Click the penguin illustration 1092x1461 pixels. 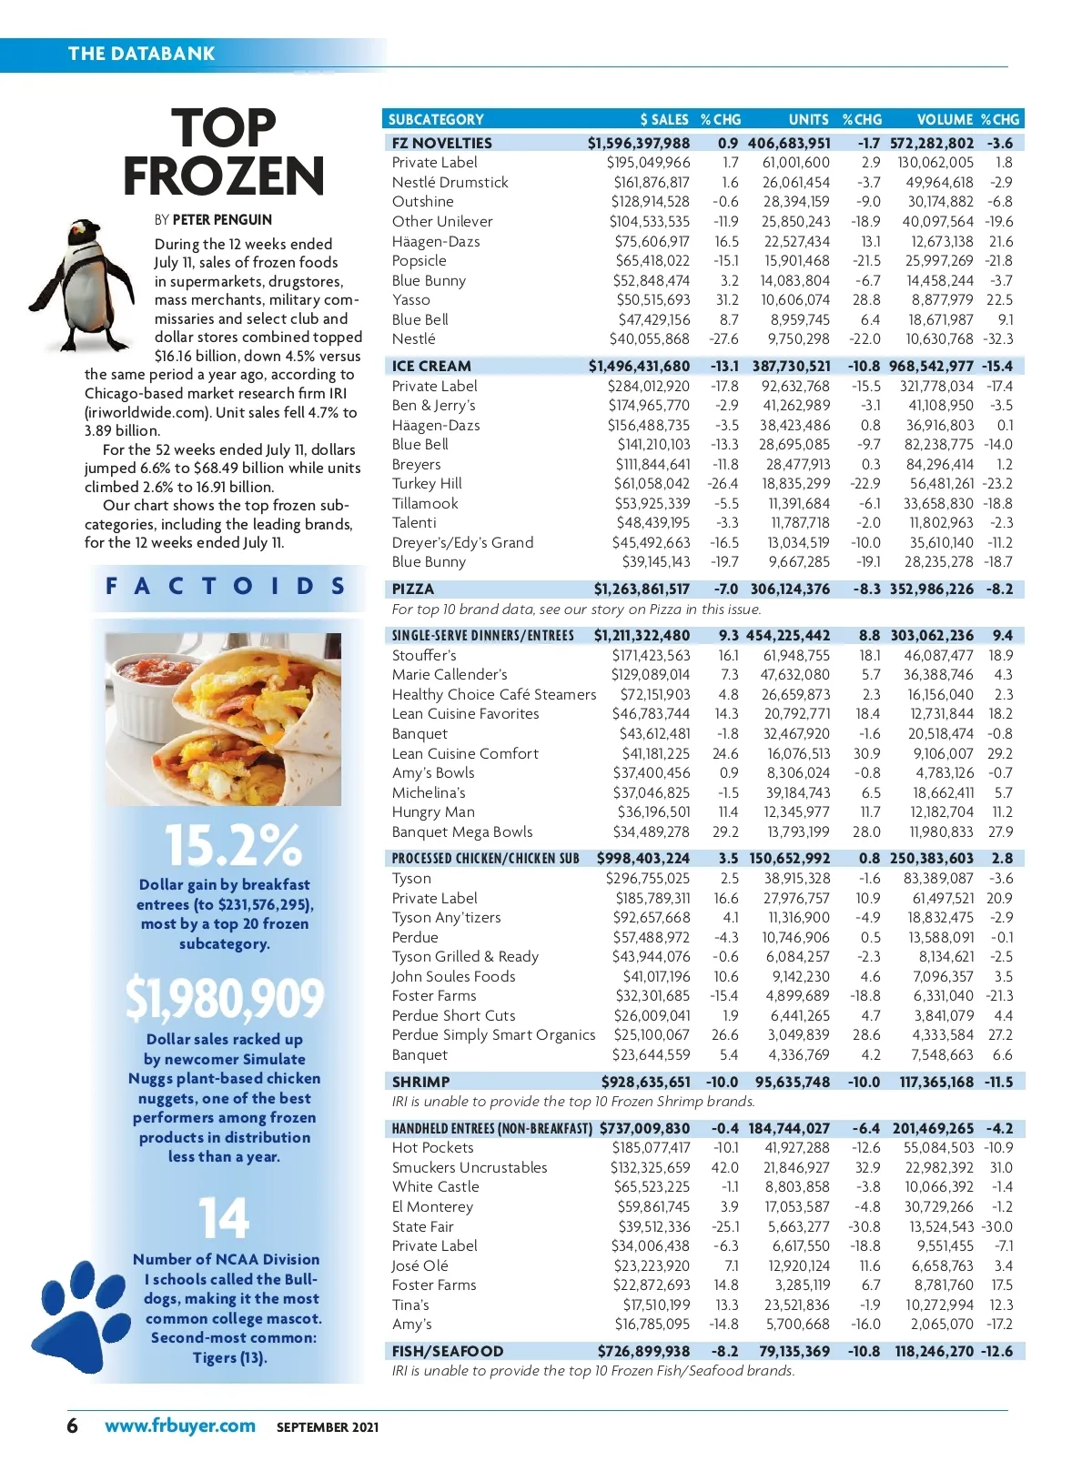[x=86, y=286]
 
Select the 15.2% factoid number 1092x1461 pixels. [x=232, y=845]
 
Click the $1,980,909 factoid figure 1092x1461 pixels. [x=224, y=998]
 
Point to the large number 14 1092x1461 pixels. [x=224, y=1218]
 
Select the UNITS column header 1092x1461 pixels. [x=808, y=119]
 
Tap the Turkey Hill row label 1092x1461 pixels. [x=427, y=484]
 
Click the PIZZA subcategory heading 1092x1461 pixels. [x=413, y=589]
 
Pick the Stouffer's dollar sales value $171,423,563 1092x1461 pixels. [x=651, y=655]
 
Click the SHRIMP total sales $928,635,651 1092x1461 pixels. [x=645, y=1082]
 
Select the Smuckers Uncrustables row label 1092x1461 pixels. [x=470, y=1167]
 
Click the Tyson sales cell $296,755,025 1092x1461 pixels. [x=648, y=878]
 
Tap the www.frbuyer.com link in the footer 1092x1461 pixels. [x=179, y=1426]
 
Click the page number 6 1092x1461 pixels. [x=73, y=1426]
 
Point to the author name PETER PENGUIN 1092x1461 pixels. [x=222, y=219]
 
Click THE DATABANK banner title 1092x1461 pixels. [x=141, y=53]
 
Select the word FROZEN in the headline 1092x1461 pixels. [x=224, y=176]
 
